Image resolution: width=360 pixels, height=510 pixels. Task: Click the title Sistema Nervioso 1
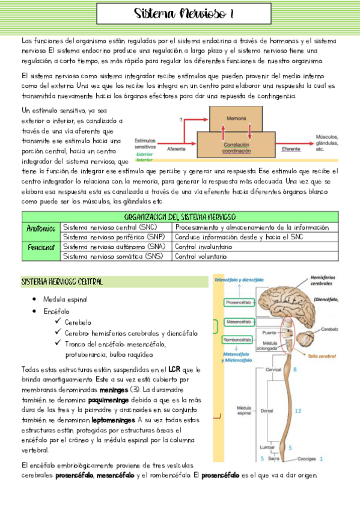(x=184, y=13)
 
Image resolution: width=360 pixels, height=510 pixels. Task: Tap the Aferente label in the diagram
(x=176, y=149)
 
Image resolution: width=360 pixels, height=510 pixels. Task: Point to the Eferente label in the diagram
(x=290, y=149)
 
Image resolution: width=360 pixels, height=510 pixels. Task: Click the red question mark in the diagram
(x=181, y=121)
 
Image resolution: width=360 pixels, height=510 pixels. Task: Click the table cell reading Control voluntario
(x=201, y=256)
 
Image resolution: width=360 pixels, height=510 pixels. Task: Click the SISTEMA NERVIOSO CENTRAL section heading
(x=63, y=281)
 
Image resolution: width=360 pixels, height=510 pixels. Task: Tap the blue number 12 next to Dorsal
(x=297, y=411)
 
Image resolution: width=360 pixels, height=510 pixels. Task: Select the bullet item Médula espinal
(x=66, y=299)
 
